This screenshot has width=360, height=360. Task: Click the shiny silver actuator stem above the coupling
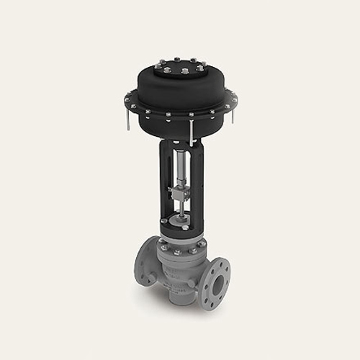178,169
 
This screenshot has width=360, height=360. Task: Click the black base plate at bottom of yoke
180,227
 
